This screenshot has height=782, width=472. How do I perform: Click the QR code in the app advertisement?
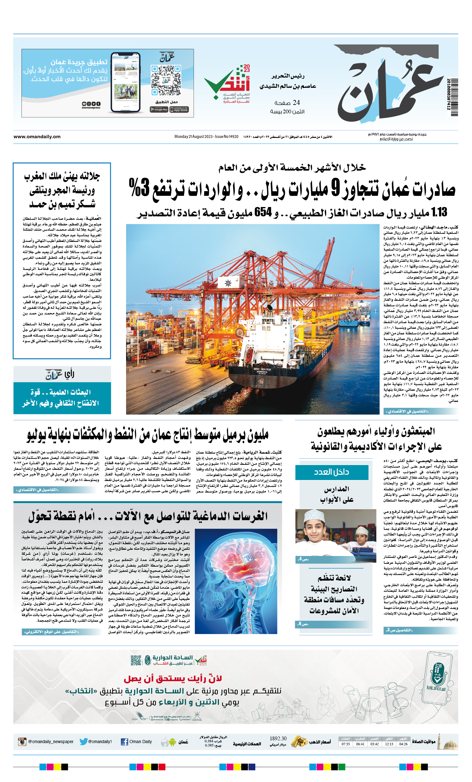pos(166,80)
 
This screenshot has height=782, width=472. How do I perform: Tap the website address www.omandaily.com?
pos(37,136)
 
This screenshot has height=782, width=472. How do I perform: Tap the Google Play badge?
pos(159,110)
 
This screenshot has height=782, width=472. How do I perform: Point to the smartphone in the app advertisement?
pos(125,82)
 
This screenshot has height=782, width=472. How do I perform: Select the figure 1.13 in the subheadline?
pos(439,212)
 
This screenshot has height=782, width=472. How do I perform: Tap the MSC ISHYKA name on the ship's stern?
pos(262,370)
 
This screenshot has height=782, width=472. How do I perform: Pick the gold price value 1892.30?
pos(278,738)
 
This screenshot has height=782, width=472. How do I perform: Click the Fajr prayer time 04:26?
pos(403,744)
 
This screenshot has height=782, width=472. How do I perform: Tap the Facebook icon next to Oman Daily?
pos(125,742)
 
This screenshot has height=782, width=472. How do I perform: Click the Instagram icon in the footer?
pos(22,742)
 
